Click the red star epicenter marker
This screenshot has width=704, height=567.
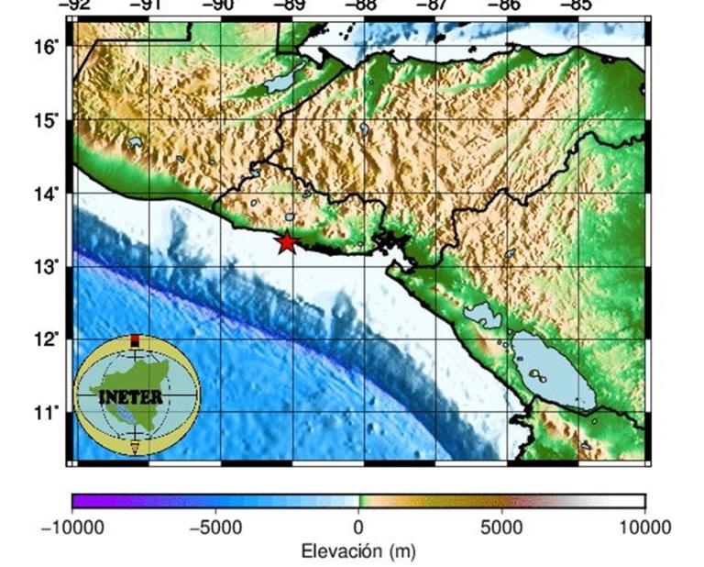point(288,242)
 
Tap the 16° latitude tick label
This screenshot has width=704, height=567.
point(49,46)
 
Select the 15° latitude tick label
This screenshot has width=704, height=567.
point(49,120)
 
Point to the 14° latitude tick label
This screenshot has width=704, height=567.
point(49,194)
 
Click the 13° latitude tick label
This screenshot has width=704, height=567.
point(49,266)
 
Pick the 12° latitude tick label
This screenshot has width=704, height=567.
point(49,339)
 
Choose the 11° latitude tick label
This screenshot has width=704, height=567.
point(49,412)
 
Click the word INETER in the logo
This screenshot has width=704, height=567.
point(132,397)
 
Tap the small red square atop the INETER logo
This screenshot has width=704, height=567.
point(136,341)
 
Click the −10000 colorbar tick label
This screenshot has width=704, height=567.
point(72,528)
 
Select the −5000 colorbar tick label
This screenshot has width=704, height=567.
point(214,528)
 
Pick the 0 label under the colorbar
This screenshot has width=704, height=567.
point(358,528)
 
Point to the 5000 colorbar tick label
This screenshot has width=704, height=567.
point(501,528)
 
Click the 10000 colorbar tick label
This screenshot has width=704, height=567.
point(644,528)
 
